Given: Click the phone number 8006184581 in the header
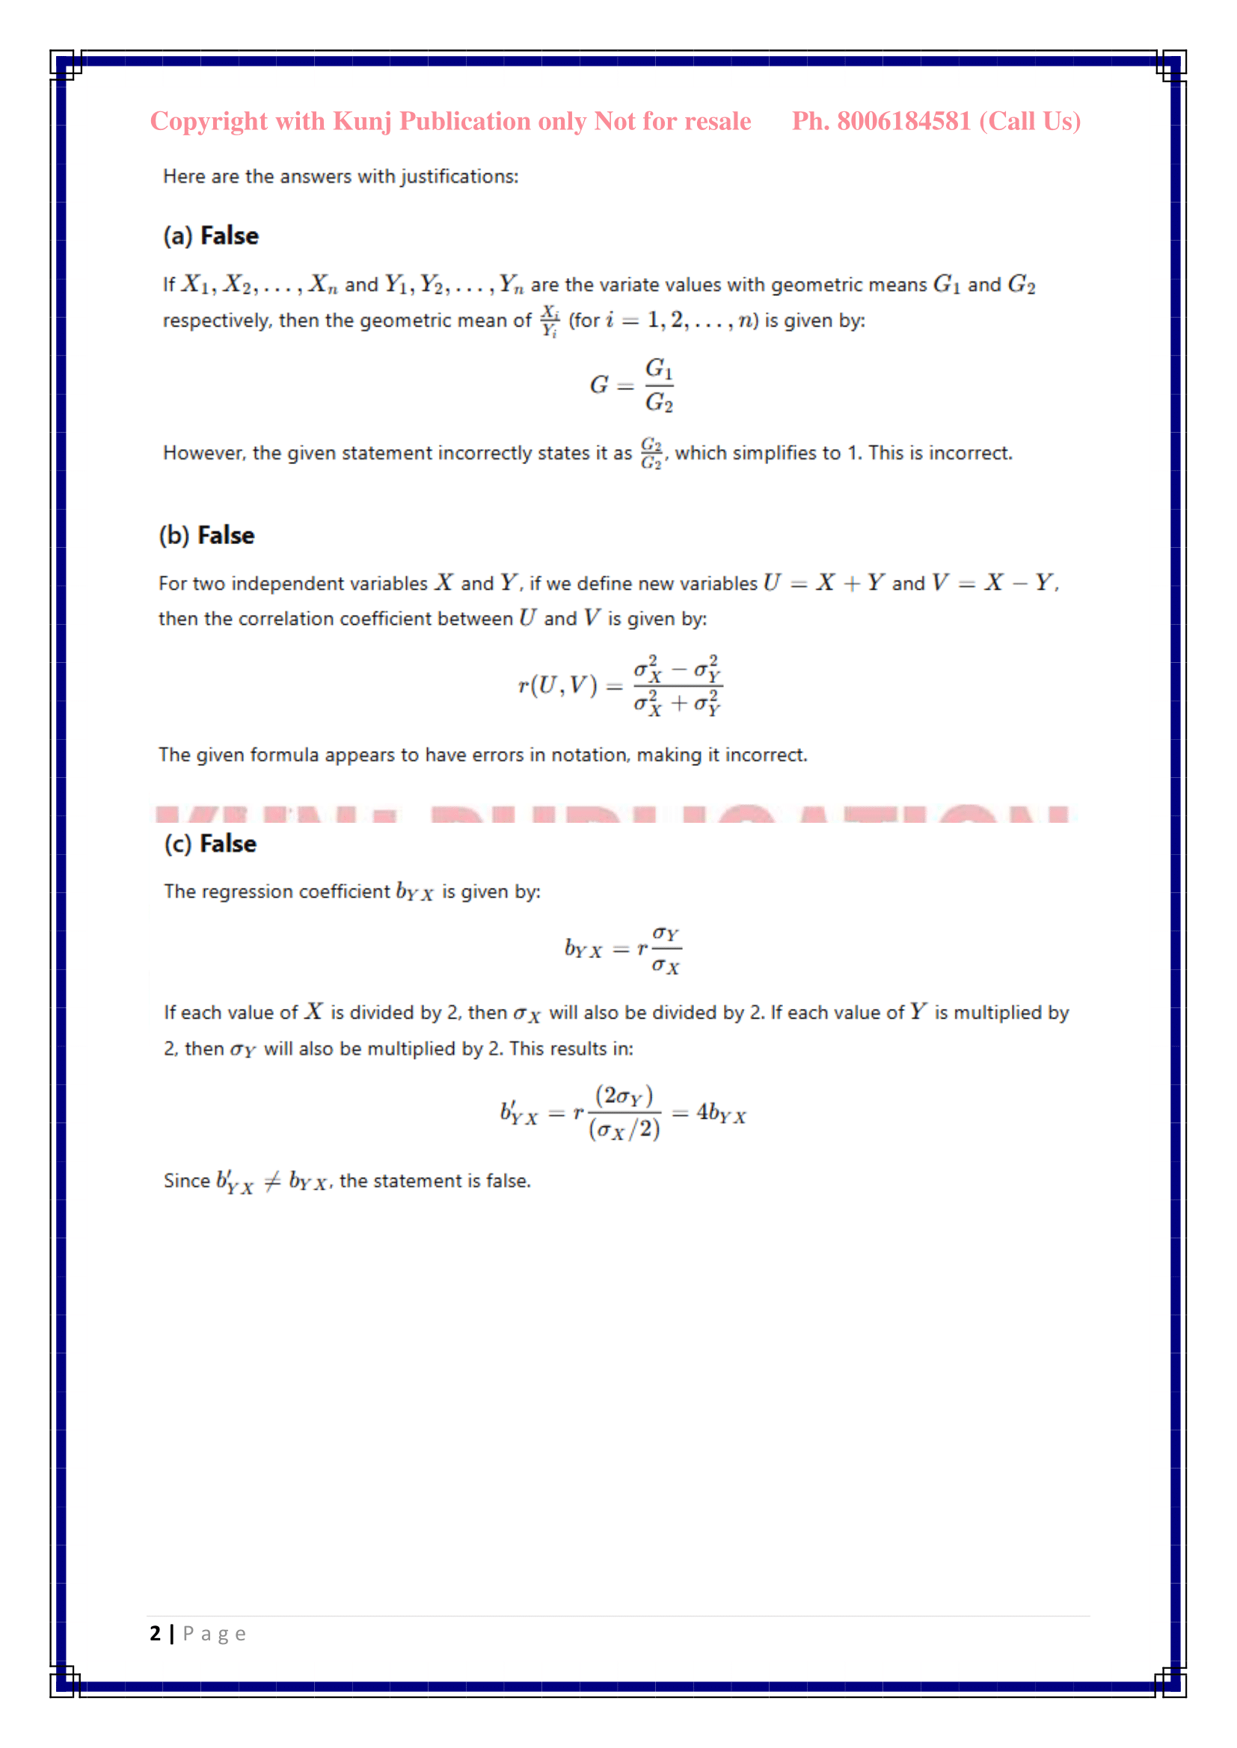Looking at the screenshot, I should tap(903, 121).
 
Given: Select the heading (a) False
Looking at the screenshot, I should tap(211, 236).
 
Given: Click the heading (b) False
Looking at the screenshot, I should tap(206, 535).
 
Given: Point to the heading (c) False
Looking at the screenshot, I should tap(210, 844).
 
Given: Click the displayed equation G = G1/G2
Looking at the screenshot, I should tap(631, 385).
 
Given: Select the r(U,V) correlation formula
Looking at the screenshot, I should tap(619, 685).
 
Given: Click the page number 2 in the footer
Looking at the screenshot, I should tap(156, 1634).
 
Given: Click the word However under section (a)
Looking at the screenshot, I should tap(204, 453).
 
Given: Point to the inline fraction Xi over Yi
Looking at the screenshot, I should tap(549, 321).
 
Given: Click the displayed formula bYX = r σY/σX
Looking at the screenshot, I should tap(622, 949).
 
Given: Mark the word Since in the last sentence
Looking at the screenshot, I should tap(187, 1181).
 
